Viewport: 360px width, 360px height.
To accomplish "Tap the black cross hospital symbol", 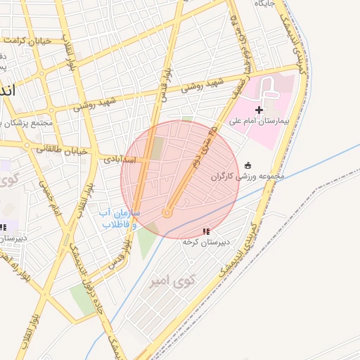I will coord(259,110).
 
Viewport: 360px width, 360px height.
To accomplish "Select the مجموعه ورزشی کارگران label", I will coord(248,176).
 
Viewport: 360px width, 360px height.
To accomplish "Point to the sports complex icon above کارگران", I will coord(247,165).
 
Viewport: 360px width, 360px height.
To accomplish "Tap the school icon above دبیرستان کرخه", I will coord(206,231).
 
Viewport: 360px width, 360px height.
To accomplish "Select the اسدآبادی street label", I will coord(123,159).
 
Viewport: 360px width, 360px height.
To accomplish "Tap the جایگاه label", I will coord(271,4).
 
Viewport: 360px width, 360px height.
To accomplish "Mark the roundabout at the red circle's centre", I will coord(167,212).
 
